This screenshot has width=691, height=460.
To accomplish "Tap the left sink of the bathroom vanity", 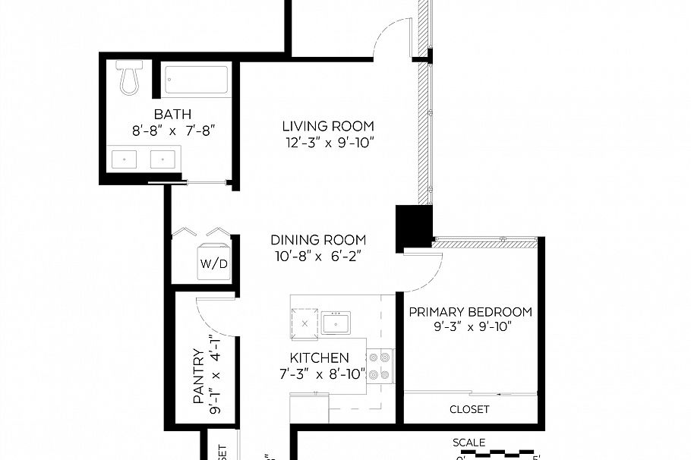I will pos(124,159).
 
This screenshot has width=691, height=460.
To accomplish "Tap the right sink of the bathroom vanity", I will pos(162,159).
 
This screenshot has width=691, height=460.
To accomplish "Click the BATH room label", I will pos(172,115).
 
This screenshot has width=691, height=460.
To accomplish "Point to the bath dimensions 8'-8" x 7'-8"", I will pos(174,131).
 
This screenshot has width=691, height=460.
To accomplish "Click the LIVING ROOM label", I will pos(327,126).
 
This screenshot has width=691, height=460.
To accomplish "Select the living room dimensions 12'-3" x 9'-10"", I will pos(327,142).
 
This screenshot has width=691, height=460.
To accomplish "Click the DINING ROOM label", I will pos(317,240).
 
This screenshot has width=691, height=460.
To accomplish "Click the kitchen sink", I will pos(335,323).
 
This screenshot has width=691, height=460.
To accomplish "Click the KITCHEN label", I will pos(319,358).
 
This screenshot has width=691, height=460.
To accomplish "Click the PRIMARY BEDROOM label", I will pos(470,312).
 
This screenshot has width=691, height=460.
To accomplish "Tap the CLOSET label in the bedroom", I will pos(469,409).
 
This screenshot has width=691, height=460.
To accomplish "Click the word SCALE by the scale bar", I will pos(469,443).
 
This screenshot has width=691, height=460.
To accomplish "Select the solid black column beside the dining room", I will pos(413,228).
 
